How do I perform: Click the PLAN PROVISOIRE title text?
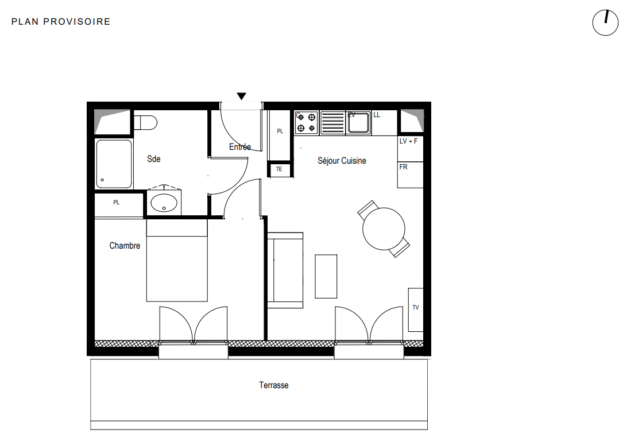tap(61, 21)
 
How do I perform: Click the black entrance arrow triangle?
tap(241, 96)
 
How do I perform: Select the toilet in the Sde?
tap(146, 122)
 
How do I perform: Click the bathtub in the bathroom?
tap(114, 164)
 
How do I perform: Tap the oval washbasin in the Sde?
tap(164, 203)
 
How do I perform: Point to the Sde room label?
tap(154, 159)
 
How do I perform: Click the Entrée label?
tap(240, 146)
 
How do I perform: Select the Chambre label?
tap(125, 246)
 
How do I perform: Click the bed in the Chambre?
tap(177, 260)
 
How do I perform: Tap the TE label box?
tap(279, 169)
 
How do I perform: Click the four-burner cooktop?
tap(307, 122)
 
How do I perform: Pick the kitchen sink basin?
tap(358, 123)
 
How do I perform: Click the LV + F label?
tap(408, 141)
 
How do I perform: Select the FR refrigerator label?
tap(403, 167)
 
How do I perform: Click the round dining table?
tap(384, 229)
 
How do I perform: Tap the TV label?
tap(416, 307)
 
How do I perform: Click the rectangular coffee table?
tap(326, 277)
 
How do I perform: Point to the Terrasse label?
tap(274, 385)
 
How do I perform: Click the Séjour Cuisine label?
tap(342, 161)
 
